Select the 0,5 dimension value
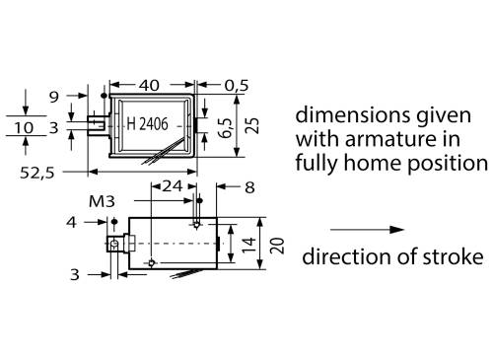(238, 86)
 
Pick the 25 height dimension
(254, 125)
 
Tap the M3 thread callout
(100, 202)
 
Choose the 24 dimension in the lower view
(172, 185)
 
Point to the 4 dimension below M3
(72, 222)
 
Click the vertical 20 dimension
(279, 242)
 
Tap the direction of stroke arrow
(367, 229)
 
